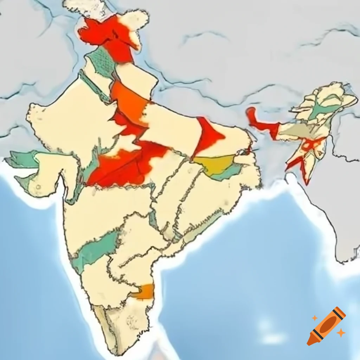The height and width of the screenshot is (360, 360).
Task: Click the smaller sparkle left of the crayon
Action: point(315,318)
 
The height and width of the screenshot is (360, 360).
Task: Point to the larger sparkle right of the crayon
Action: point(340,332)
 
